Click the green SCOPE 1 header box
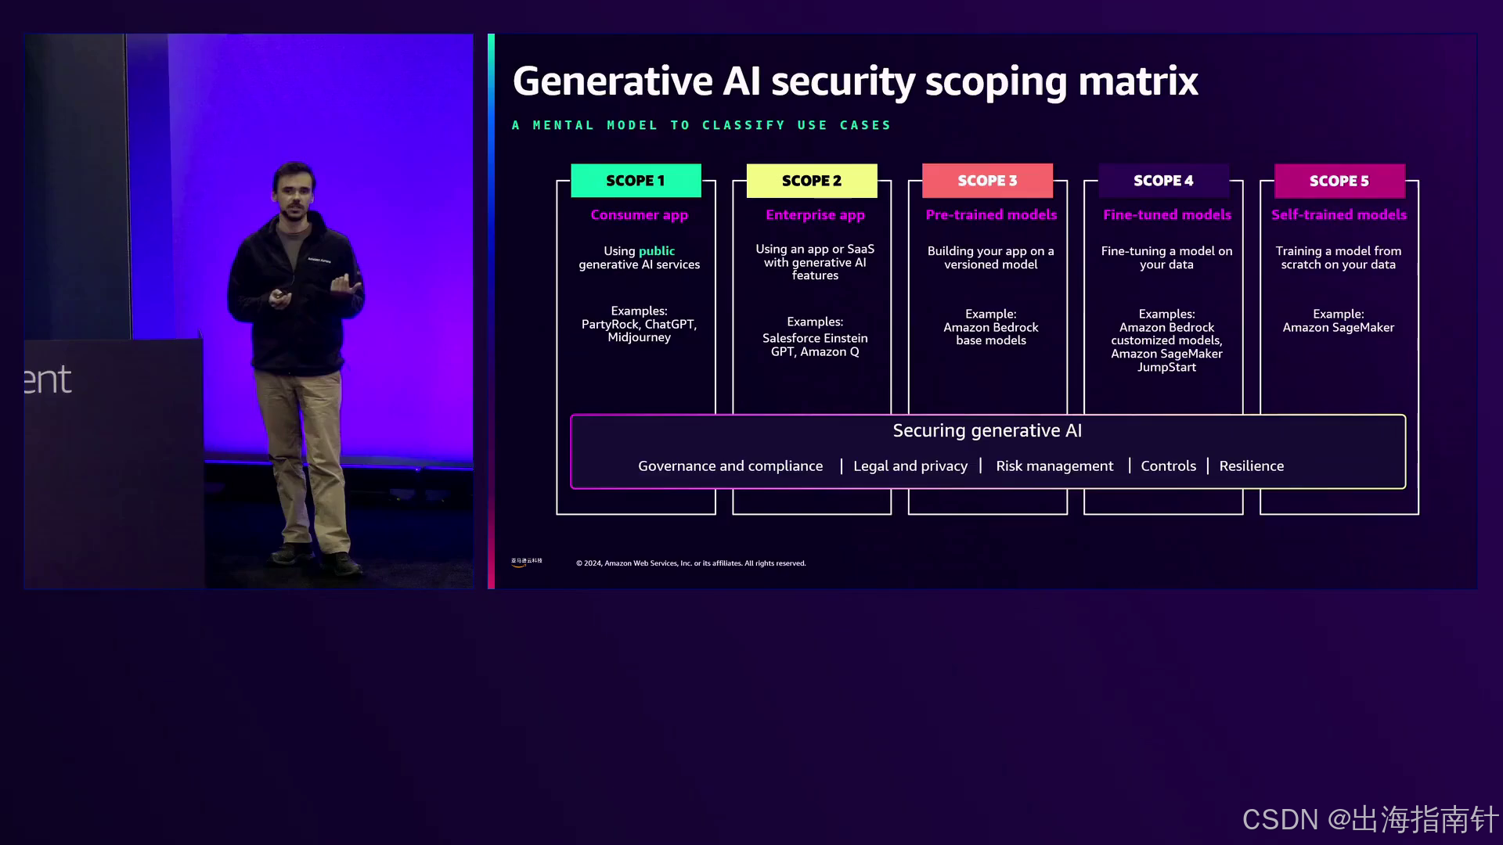pyautogui.click(x=636, y=181)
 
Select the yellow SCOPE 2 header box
pyautogui.click(x=812, y=181)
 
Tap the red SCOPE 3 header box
pyautogui.click(x=987, y=181)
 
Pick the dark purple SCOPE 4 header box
pyautogui.click(x=1163, y=181)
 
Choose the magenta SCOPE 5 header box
pyautogui.click(x=1339, y=181)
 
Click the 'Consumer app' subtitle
pyautogui.click(x=639, y=214)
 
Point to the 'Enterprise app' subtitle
pyautogui.click(x=815, y=214)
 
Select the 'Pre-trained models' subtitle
pyautogui.click(x=991, y=214)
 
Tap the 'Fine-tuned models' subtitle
pyautogui.click(x=1166, y=214)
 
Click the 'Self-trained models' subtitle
pyautogui.click(x=1339, y=214)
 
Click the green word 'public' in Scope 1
pyautogui.click(x=656, y=251)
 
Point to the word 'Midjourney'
pyautogui.click(x=639, y=337)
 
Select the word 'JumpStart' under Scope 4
pyautogui.click(x=1166, y=367)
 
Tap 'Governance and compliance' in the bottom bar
pyautogui.click(x=730, y=466)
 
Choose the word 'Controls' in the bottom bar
pyautogui.click(x=1168, y=466)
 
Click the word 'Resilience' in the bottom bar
pyautogui.click(x=1251, y=466)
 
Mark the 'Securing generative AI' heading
pyautogui.click(x=987, y=431)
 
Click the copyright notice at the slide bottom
pyautogui.click(x=690, y=563)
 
